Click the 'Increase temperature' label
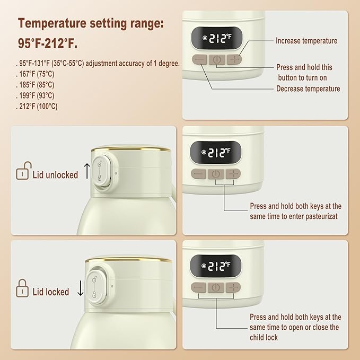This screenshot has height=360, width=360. click(306, 41)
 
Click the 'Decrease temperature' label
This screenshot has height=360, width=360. click(308, 89)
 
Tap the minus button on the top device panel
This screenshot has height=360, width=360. click(200, 60)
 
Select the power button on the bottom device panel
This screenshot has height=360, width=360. click(216, 287)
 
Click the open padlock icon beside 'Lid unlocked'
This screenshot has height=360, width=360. click(22, 173)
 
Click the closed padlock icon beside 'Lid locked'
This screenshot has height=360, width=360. click(22, 289)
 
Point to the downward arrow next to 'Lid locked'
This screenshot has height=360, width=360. click(81, 289)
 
